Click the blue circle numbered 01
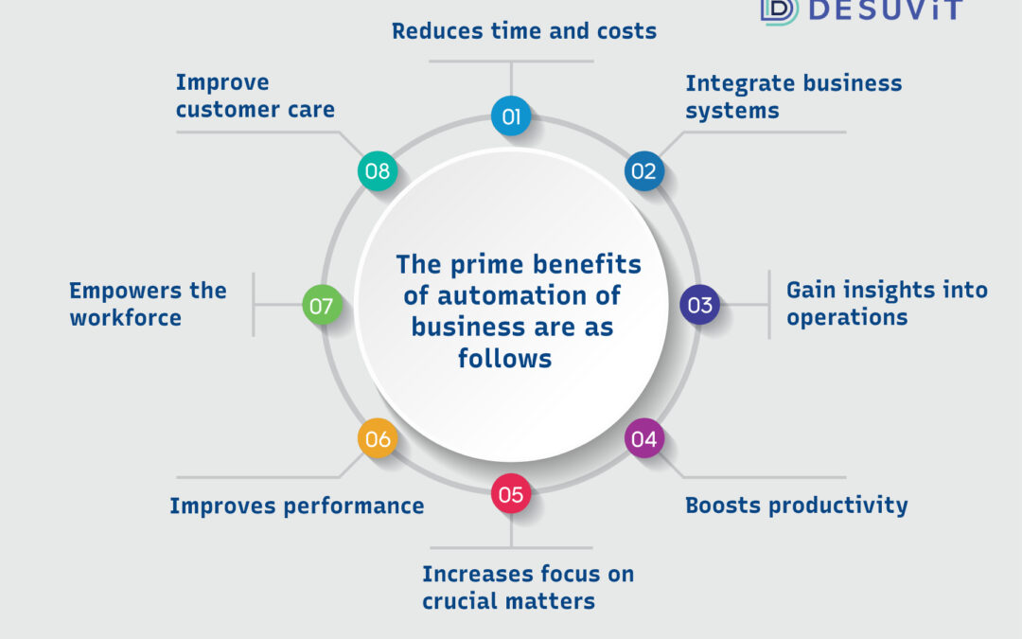coord(511,116)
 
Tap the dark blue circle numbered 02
coord(644,170)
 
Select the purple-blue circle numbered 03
coord(699,305)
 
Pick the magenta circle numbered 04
coord(644,438)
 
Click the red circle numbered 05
coord(511,493)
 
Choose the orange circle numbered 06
coord(378,438)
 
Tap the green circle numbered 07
coord(322,305)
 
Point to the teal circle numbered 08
coord(378,170)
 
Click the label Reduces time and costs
coord(524,30)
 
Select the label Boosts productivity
coord(797,506)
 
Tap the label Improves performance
coord(296,506)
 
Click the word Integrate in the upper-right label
coord(740,84)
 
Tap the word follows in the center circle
coord(504,358)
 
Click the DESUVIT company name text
coord(885,9)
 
